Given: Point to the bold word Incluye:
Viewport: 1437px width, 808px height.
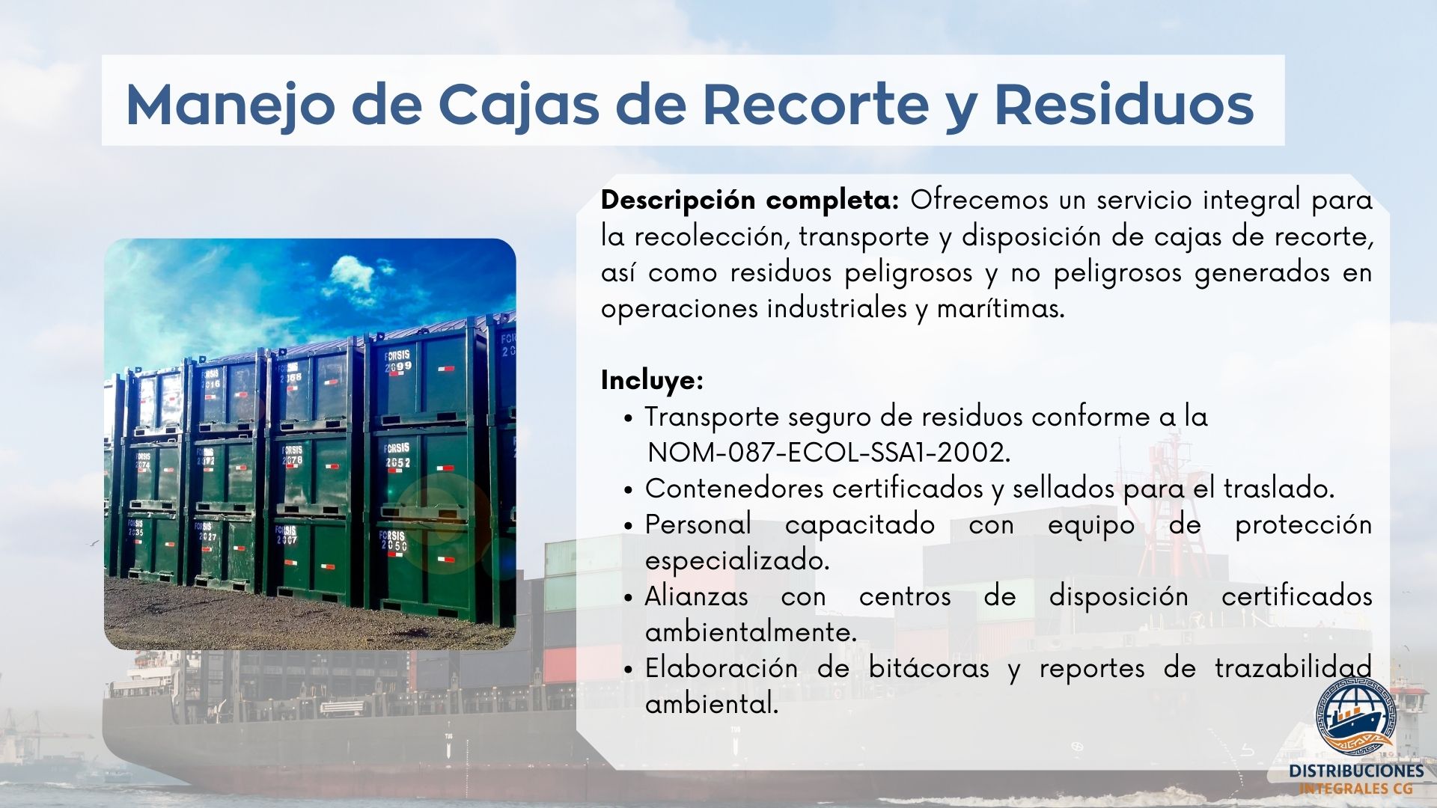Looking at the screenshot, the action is pos(652,381).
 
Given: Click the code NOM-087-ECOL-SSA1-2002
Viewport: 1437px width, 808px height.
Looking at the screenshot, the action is pos(829,453).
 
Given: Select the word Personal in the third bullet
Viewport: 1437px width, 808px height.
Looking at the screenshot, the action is pos(698,524).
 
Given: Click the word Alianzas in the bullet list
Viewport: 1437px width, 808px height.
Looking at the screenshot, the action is pos(696,596).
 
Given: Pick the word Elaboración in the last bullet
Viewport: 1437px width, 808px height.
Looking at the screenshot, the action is pos(721,668).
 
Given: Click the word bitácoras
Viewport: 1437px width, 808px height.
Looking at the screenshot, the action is pos(929,668).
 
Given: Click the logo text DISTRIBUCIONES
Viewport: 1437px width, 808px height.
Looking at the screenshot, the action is pos(1356,771).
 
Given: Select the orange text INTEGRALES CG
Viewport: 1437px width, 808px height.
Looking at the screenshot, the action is pos(1355,789).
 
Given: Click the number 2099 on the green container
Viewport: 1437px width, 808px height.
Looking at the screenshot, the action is pos(398,367).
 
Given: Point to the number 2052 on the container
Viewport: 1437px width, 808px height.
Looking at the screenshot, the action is pos(397,463).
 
